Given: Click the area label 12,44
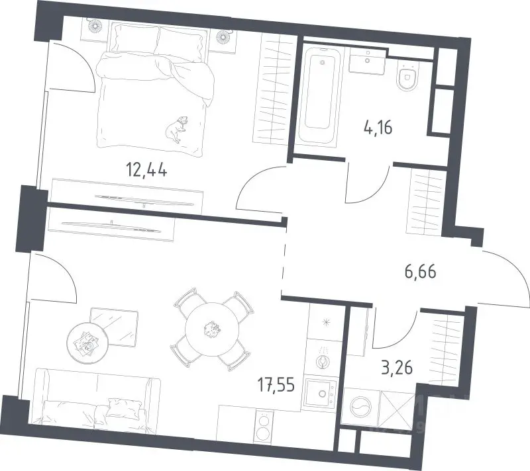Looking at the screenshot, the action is click(x=146, y=169).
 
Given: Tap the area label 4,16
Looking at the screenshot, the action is click(x=378, y=128).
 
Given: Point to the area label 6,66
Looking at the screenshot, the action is click(x=421, y=272).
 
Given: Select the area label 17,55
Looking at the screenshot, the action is click(x=276, y=384).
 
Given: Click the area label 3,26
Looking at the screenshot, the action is click(x=397, y=368).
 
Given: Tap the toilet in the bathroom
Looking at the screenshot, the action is click(x=407, y=77).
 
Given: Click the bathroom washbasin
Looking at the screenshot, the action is click(x=368, y=61).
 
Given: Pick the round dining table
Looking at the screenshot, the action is click(x=212, y=329).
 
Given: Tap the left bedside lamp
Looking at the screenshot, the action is click(x=94, y=26).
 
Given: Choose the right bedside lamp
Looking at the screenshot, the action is click(x=223, y=36).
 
